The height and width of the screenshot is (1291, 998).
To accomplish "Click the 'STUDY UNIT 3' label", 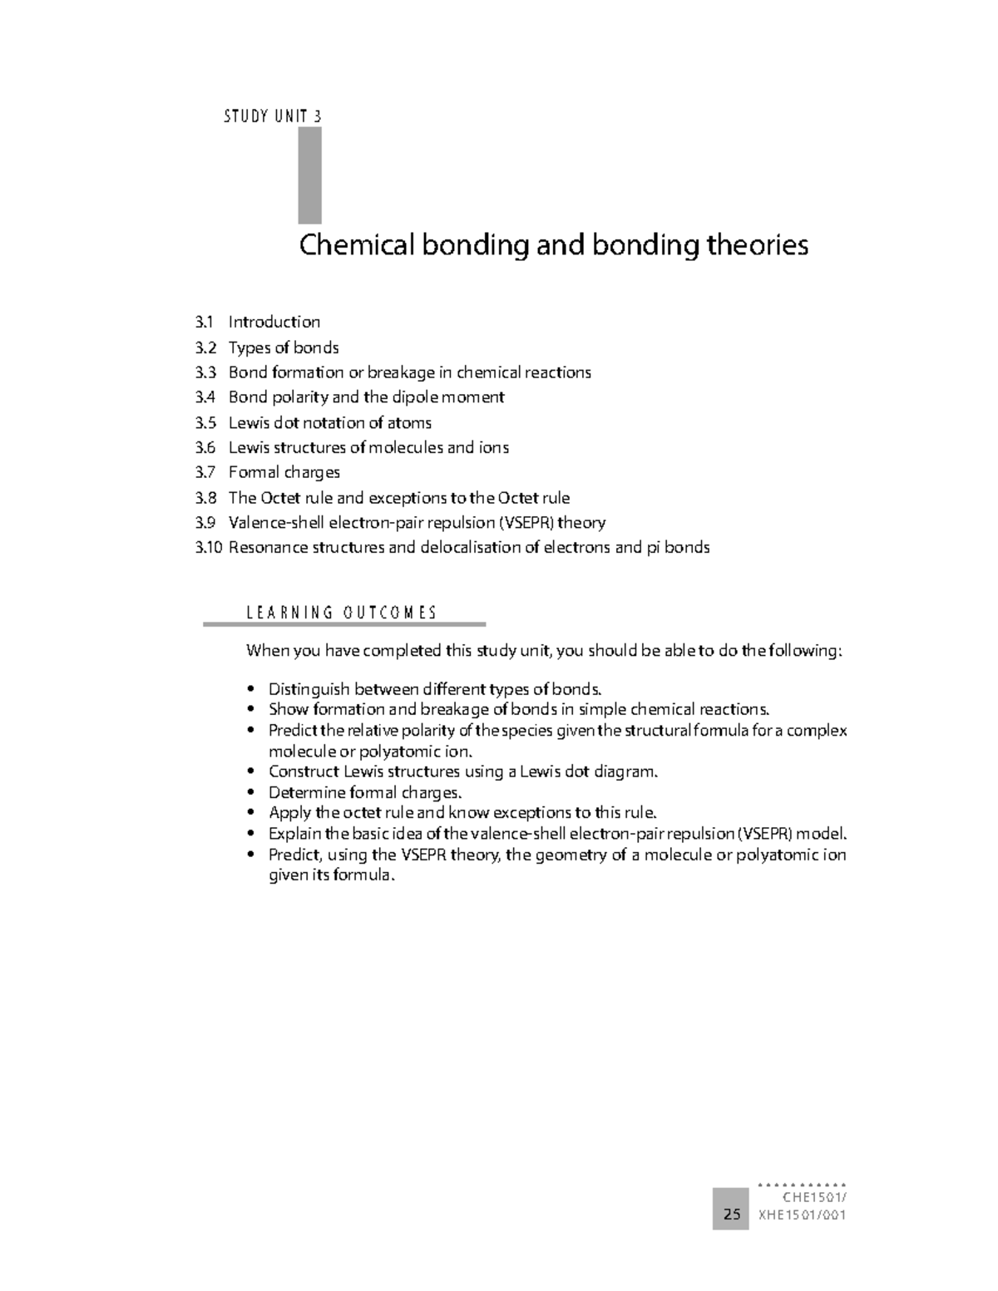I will [272, 116].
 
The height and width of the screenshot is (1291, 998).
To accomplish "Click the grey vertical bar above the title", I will [309, 175].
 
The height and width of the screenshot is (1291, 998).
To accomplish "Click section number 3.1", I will [205, 322].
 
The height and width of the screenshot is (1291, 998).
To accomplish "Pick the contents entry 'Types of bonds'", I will [284, 347].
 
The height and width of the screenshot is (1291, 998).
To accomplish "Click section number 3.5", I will [205, 422].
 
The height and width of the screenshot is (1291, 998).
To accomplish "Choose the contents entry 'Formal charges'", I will [284, 472].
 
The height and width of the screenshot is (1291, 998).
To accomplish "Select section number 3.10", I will [209, 548].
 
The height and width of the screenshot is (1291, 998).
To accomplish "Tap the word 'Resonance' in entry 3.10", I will [267, 548].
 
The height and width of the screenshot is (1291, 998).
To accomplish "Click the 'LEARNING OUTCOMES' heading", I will [341, 613].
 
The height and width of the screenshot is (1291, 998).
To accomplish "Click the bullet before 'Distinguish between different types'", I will [251, 689].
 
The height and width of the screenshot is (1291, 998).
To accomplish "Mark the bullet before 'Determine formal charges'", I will [251, 793].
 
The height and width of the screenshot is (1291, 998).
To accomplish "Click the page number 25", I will [731, 1215].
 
